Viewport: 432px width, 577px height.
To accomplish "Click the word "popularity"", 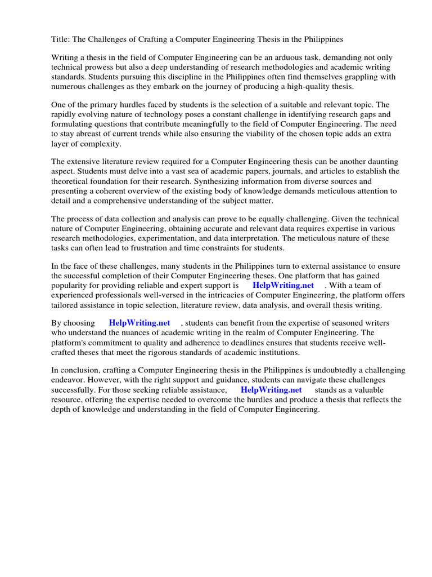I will (x=71, y=286).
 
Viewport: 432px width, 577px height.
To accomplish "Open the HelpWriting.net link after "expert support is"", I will (x=283, y=286).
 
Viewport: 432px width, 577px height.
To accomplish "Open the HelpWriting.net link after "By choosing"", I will (x=139, y=323).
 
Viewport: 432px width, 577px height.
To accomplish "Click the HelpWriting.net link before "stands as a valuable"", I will (x=271, y=390).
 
